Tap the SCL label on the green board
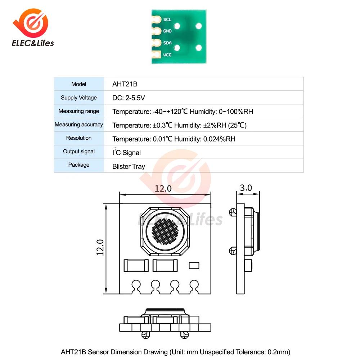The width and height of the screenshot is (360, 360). [x=167, y=19]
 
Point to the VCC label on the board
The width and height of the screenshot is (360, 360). [x=167, y=55]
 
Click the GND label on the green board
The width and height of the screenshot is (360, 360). [x=167, y=31]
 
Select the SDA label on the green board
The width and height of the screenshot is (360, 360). [x=167, y=43]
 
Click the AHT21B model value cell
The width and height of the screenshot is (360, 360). [x=125, y=84]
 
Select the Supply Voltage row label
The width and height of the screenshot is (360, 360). [x=79, y=98]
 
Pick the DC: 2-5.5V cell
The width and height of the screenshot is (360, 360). [x=129, y=98]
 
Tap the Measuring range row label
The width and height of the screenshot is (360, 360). [x=79, y=111]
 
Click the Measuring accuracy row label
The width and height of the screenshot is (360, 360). [x=79, y=125]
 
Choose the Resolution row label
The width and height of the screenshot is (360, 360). [x=79, y=138]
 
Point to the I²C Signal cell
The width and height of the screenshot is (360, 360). [x=126, y=152]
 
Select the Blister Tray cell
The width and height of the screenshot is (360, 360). [x=129, y=166]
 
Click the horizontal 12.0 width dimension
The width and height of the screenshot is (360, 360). [x=164, y=189]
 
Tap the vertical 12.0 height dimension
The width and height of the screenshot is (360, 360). [x=100, y=248]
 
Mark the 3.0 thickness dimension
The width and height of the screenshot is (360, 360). [x=246, y=188]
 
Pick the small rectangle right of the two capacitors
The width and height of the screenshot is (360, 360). [x=194, y=265]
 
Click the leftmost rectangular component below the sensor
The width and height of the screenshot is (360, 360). [x=135, y=266]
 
